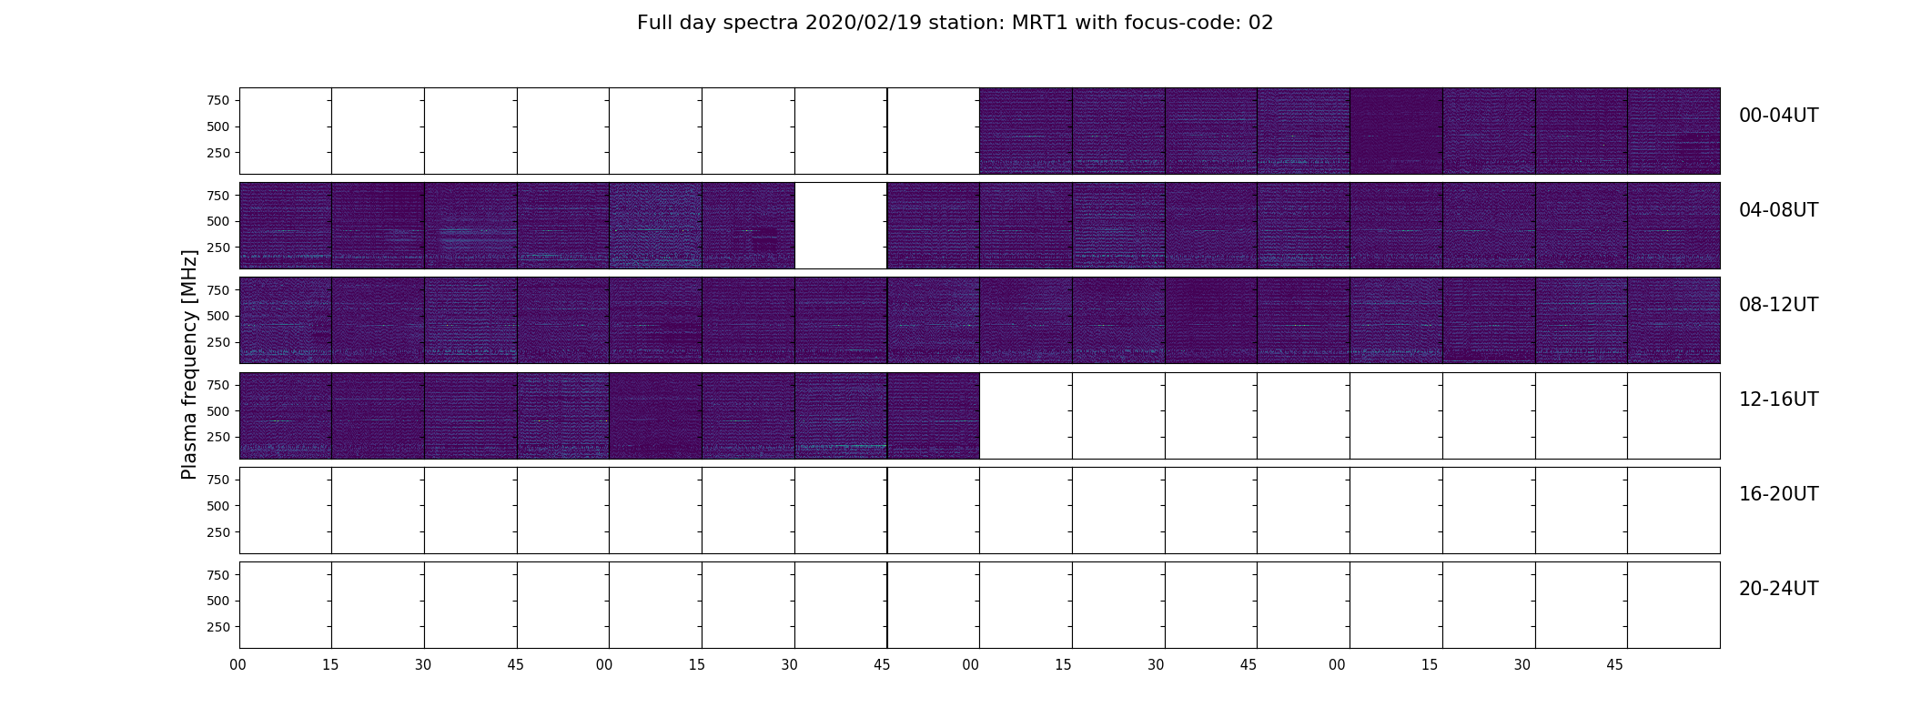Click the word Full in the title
click(x=653, y=23)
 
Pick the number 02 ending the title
click(x=1261, y=23)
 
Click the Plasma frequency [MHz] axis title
click(x=189, y=364)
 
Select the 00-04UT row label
click(x=1778, y=116)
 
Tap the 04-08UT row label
click(x=1778, y=210)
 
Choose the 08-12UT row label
click(x=1778, y=305)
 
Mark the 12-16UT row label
click(x=1778, y=399)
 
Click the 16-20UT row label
click(x=1778, y=494)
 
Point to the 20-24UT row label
click(x=1778, y=589)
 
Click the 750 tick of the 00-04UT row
click(x=218, y=100)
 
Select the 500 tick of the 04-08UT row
click(x=218, y=221)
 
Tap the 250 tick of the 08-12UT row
click(x=218, y=342)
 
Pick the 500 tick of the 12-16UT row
click(x=218, y=411)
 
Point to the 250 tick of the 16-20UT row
click(x=218, y=532)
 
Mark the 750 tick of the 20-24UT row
click(x=218, y=575)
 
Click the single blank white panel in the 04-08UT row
click(x=841, y=226)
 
